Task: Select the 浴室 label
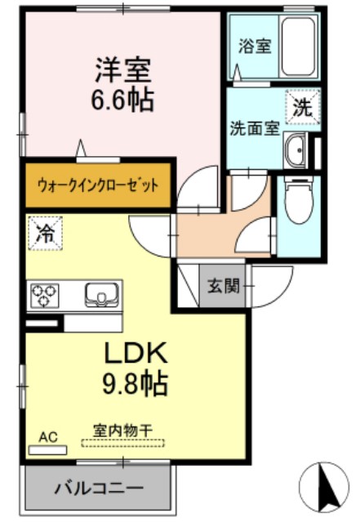[x=251, y=46]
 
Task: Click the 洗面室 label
[x=254, y=128]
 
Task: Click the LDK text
[x=135, y=352]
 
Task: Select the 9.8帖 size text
[x=135, y=382]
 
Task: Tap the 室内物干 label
[x=121, y=428]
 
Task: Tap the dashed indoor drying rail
[x=122, y=444]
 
